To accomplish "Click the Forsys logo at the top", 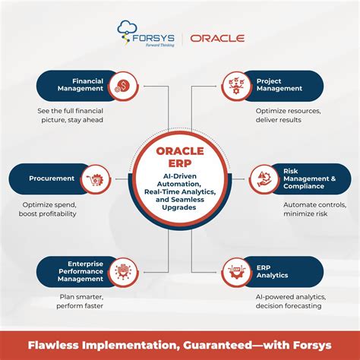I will pos(145,34).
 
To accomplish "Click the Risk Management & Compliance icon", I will pos(262,179).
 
